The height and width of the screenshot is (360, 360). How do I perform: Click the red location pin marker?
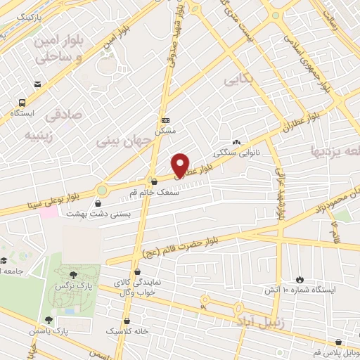click(x=181, y=165)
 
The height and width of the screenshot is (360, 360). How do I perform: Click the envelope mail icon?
click(x=37, y=84)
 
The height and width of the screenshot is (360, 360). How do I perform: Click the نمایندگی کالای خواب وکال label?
click(x=137, y=287)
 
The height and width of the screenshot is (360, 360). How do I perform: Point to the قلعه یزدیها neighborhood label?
click(x=331, y=150)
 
